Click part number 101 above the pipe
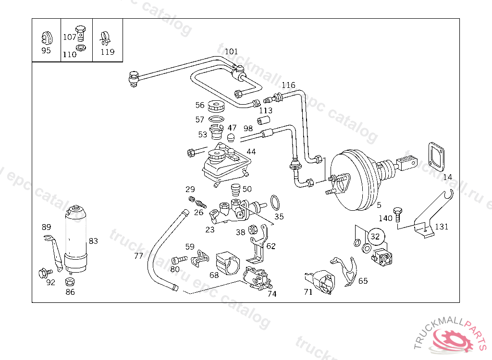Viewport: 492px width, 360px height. [x=231, y=51]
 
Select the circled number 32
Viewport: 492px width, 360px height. [x=375, y=236]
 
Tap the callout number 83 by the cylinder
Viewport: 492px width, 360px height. [x=93, y=240]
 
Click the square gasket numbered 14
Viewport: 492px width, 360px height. [x=437, y=156]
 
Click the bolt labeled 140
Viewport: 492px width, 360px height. [x=397, y=214]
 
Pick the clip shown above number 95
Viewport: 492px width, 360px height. [x=46, y=37]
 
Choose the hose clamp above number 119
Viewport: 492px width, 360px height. [x=107, y=36]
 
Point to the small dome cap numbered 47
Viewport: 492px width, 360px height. [x=232, y=138]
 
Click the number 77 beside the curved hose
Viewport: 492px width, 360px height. [x=138, y=256]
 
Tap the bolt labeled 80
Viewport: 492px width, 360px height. [x=180, y=259]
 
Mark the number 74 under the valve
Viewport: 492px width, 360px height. [x=272, y=294]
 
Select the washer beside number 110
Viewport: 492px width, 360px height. [x=82, y=48]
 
